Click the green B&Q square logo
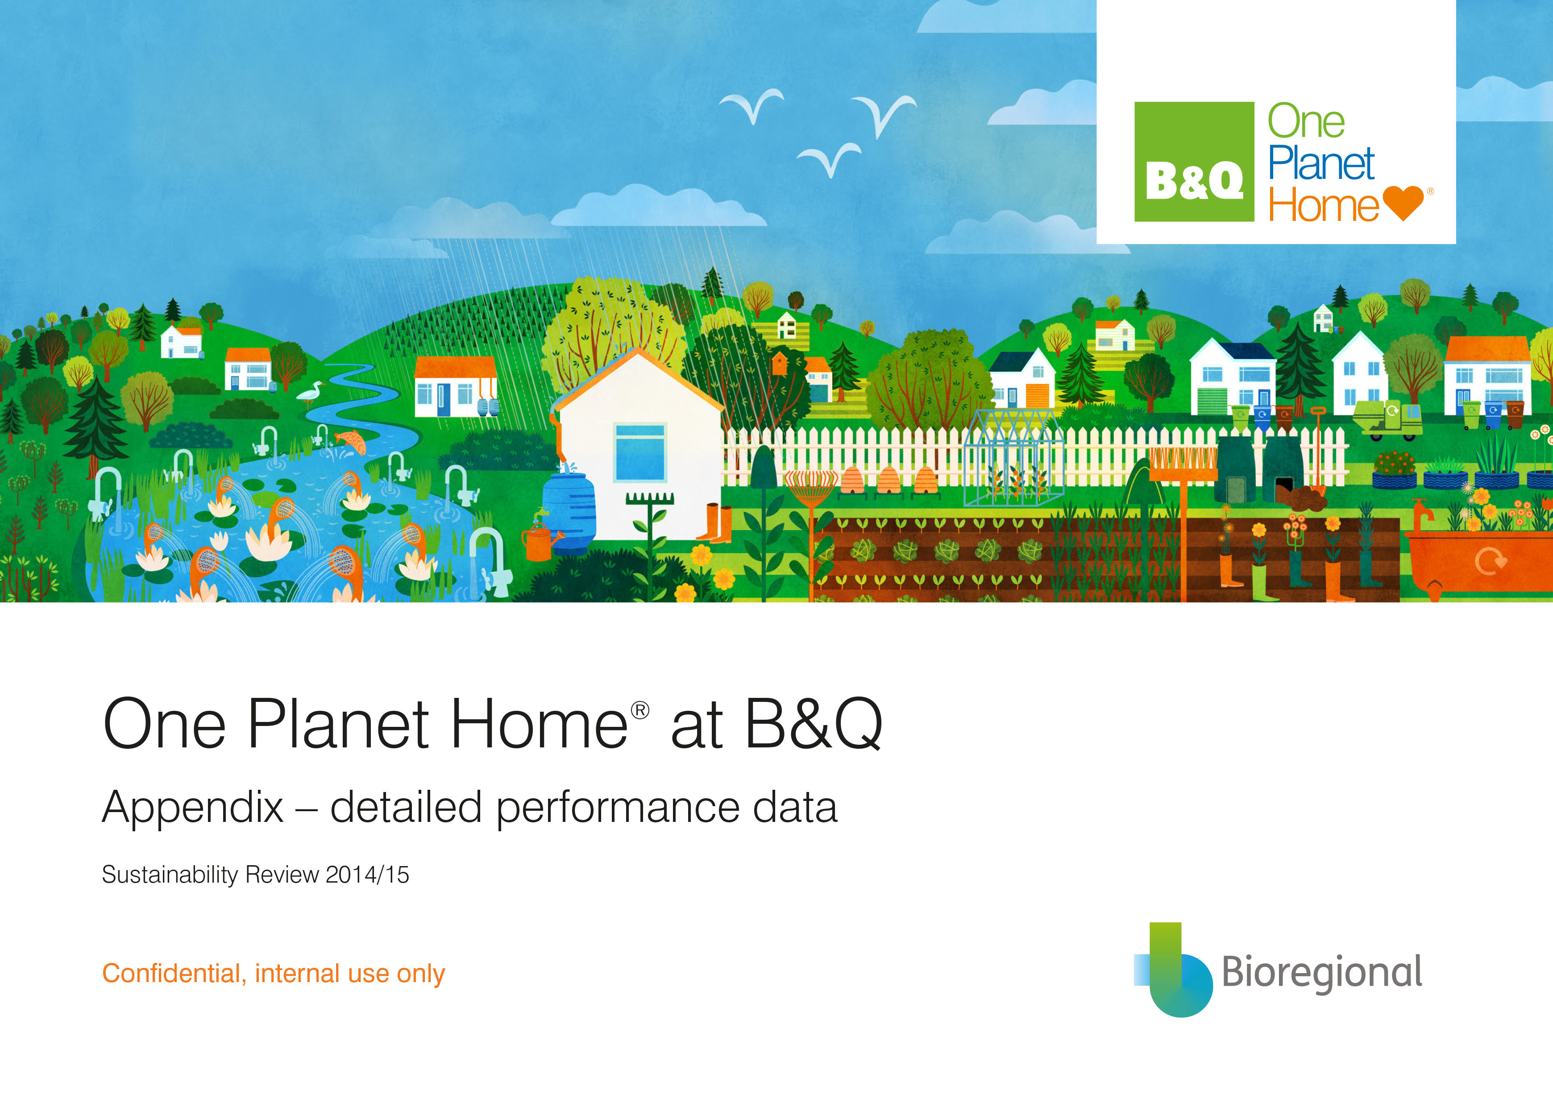pyautogui.click(x=1194, y=162)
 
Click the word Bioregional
pyautogui.click(x=1321, y=972)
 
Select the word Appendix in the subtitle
pyautogui.click(x=193, y=808)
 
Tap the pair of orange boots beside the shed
pyautogui.click(x=714, y=523)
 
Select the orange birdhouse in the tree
pyautogui.click(x=780, y=363)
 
